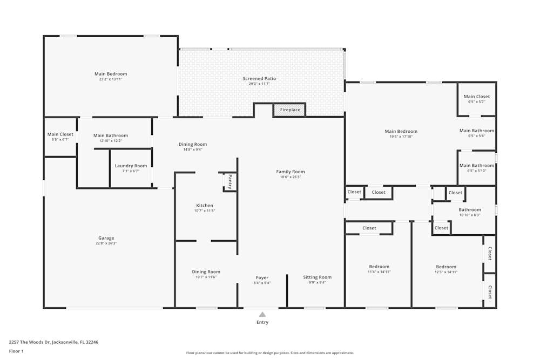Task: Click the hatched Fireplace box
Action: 290,110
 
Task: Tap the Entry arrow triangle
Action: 262,314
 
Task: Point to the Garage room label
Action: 106,238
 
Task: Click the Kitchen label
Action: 205,206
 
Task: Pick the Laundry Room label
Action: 131,166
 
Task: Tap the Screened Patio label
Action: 259,79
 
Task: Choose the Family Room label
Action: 291,172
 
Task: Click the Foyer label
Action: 262,278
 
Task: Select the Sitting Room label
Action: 317,277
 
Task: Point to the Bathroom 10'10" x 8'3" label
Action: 470,210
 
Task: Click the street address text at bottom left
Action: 53,342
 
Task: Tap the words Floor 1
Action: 16,351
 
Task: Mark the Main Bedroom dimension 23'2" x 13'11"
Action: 111,79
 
